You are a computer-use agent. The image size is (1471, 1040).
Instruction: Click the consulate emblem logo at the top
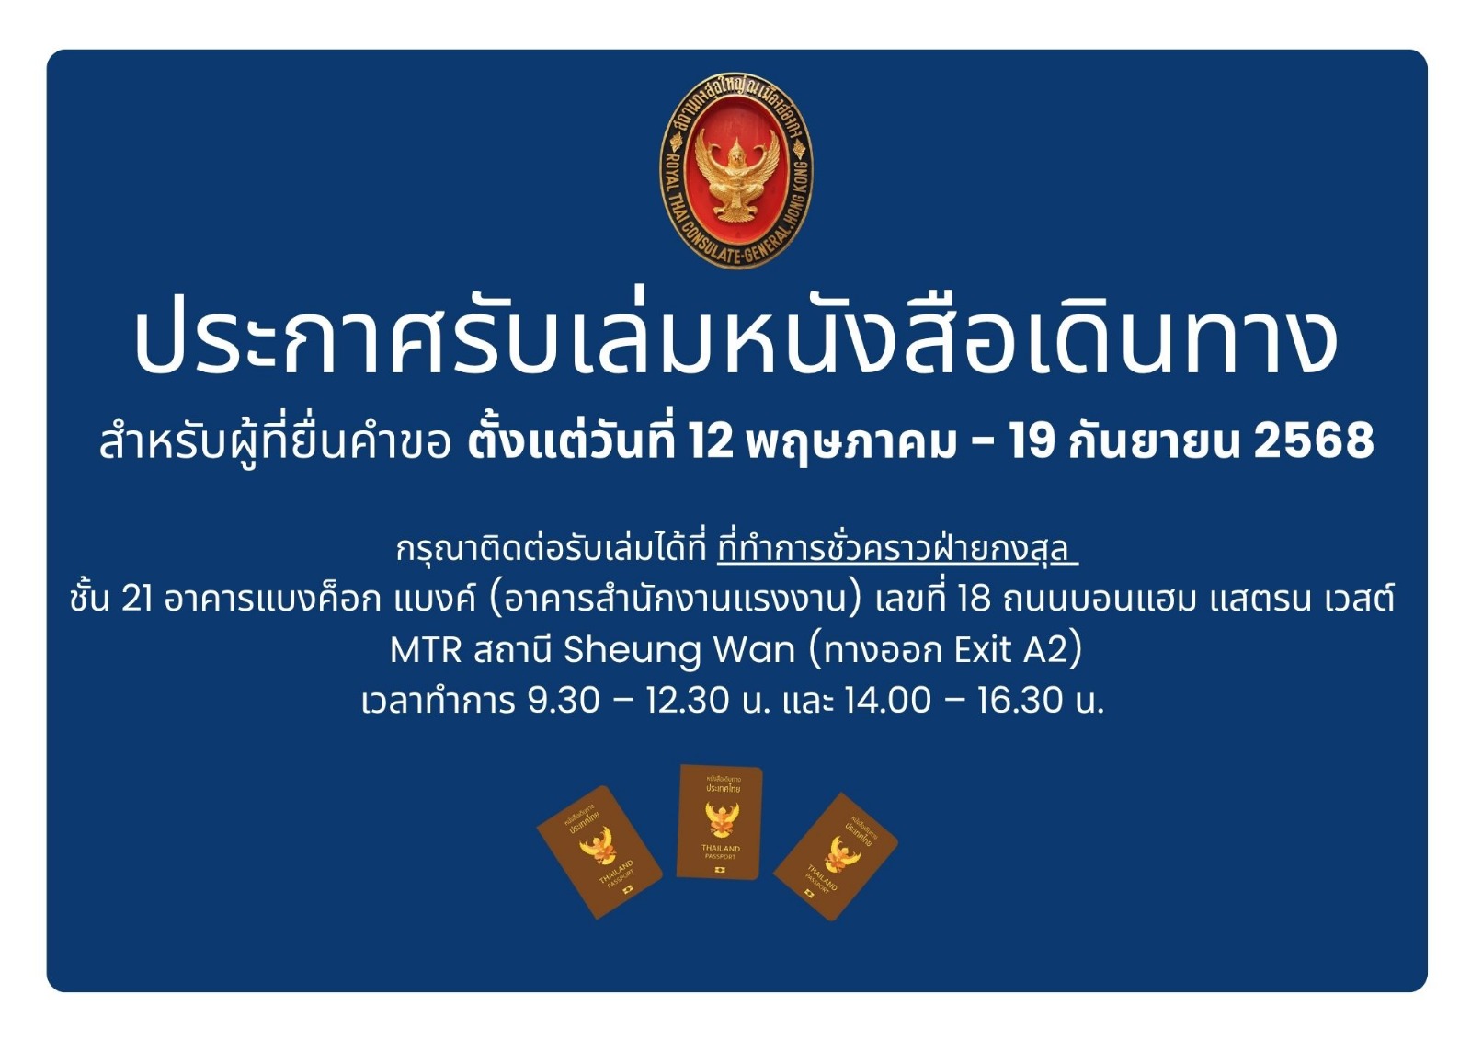click(x=736, y=170)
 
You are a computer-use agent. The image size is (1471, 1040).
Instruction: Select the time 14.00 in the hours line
click(x=887, y=701)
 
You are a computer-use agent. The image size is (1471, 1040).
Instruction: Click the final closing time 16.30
click(x=1020, y=701)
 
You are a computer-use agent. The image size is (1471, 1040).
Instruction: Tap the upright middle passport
click(x=720, y=823)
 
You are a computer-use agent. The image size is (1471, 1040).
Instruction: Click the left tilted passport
click(x=599, y=851)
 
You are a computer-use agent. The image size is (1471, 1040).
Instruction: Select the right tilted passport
click(x=836, y=857)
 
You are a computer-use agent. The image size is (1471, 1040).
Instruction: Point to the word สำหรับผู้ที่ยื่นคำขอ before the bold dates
click(x=275, y=443)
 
